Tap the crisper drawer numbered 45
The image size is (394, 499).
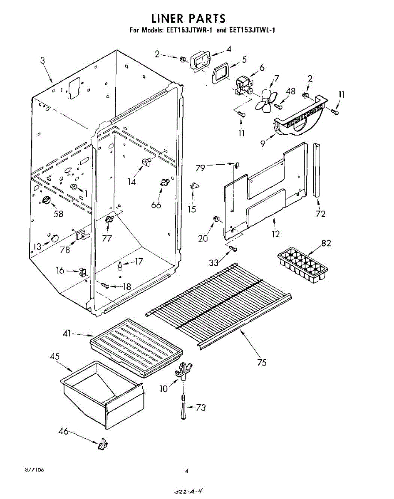(103, 391)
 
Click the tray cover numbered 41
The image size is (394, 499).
(136, 346)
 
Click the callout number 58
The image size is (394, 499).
(58, 214)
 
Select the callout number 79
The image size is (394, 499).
(201, 168)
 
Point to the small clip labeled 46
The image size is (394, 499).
(102, 445)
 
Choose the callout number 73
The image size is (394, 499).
(201, 408)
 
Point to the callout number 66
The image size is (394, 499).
(156, 205)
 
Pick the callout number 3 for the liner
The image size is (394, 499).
(42, 60)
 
